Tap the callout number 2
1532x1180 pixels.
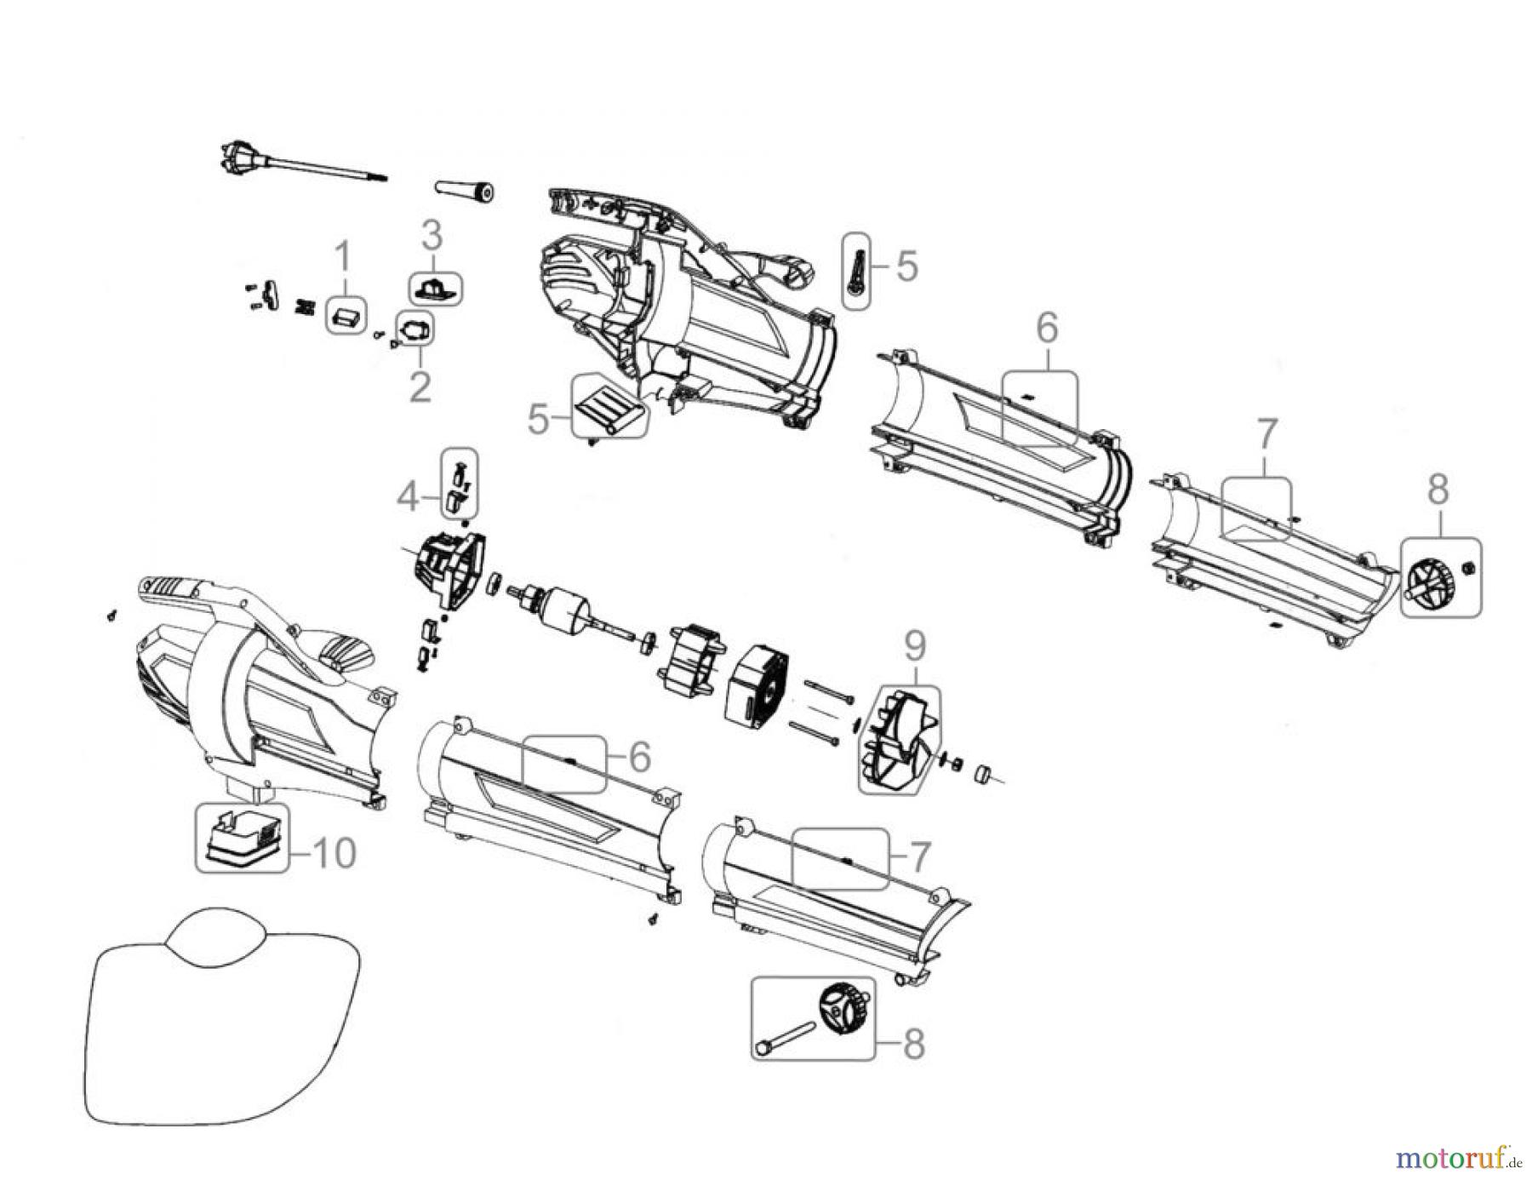tap(420, 387)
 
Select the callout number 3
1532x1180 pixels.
tap(432, 234)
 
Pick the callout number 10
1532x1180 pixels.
tap(330, 853)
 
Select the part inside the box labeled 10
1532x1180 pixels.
tap(242, 836)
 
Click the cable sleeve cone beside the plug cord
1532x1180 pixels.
tap(466, 190)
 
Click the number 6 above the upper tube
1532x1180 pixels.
tap(1046, 328)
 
